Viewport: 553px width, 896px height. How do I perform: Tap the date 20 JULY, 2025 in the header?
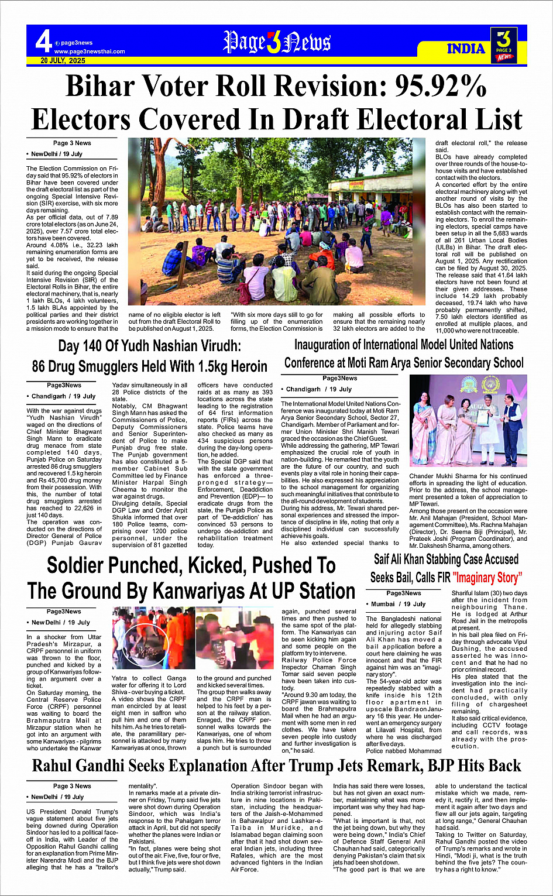(x=63, y=61)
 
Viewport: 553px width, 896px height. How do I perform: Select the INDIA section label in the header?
(x=466, y=49)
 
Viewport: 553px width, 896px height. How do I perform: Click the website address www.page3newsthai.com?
(x=90, y=52)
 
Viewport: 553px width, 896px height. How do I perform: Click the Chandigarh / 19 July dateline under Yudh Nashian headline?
(x=63, y=396)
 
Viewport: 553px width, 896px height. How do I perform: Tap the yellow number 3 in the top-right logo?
(x=503, y=39)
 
